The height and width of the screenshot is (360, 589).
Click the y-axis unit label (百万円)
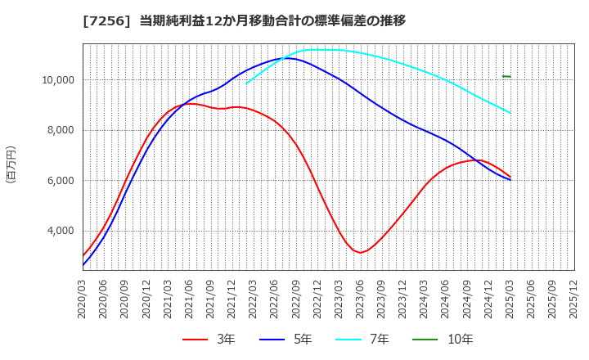(x=11, y=164)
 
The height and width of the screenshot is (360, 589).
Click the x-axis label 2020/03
(x=83, y=297)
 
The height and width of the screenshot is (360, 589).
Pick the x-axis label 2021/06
(x=190, y=297)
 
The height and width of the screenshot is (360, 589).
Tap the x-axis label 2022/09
(x=296, y=297)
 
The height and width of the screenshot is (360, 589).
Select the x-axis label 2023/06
(x=360, y=297)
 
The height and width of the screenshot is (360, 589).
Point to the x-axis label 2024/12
(x=488, y=297)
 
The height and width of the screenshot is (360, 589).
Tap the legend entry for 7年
(x=370, y=339)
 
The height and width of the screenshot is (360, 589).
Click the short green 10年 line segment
(x=506, y=76)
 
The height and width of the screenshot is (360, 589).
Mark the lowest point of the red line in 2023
(x=360, y=253)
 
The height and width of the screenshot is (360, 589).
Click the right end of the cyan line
(x=510, y=113)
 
